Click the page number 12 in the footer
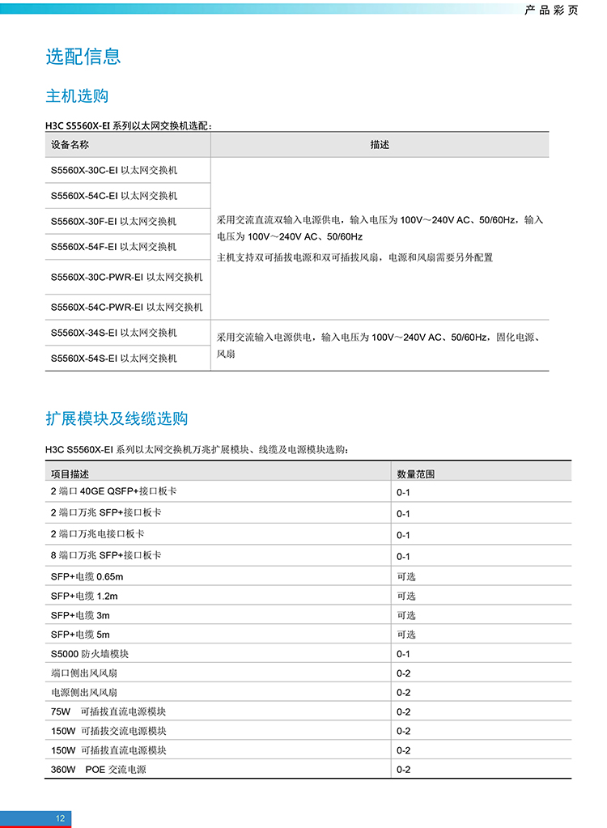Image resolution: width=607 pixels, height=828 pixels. [x=60, y=818]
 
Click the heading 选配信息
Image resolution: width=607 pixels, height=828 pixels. [x=83, y=56]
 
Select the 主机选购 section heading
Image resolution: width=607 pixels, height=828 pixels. [x=77, y=96]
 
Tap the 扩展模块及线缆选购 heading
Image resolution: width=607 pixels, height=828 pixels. [x=117, y=418]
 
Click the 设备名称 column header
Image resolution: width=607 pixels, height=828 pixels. [x=70, y=145]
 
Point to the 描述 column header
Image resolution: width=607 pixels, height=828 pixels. [x=380, y=145]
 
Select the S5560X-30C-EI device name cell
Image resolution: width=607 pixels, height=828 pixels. [x=113, y=171]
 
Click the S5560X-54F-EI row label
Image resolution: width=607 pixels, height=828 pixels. [x=113, y=247]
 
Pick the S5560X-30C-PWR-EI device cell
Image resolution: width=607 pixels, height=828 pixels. [x=126, y=277]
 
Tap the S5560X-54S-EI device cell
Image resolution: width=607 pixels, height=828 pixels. [x=113, y=358]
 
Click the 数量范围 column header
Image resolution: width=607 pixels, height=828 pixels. [x=416, y=473]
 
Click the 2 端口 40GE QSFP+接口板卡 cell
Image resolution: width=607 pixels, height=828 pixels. [x=113, y=491]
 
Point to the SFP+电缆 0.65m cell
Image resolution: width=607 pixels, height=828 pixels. [x=87, y=576]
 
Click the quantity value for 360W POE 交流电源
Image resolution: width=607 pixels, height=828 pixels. [x=403, y=769]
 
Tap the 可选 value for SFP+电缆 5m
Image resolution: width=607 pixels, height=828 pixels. [x=405, y=635]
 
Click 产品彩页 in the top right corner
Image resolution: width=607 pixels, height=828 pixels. [x=551, y=11]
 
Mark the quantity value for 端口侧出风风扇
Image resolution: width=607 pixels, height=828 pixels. [x=403, y=673]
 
